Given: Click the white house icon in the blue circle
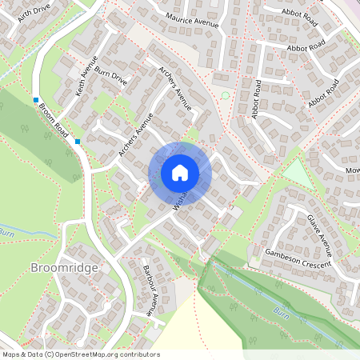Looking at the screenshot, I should (180, 172).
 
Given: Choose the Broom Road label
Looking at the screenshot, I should (54, 122).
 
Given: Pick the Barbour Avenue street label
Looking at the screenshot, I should (148, 289).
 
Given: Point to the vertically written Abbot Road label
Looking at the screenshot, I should (258, 99).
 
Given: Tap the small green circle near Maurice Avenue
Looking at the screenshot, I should (225, 96).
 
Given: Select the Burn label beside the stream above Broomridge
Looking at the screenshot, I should (7, 233).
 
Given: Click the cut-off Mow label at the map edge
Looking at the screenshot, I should (353, 170).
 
